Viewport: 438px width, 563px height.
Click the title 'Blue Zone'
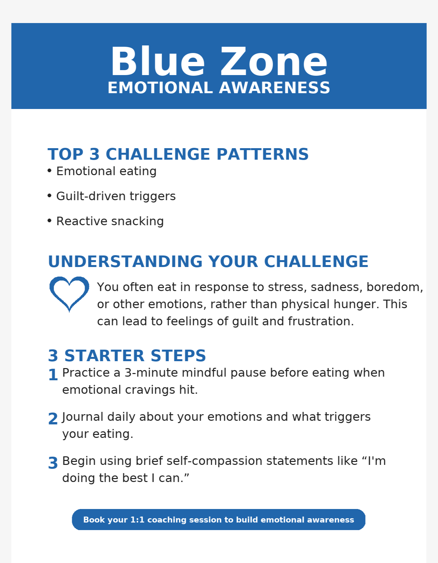tap(219, 62)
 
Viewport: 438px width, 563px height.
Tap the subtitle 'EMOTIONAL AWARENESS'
tap(219, 88)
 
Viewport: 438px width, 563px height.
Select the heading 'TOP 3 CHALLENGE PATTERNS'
tap(178, 154)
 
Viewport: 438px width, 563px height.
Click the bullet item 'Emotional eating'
tap(106, 171)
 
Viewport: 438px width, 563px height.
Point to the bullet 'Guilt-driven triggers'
tap(116, 196)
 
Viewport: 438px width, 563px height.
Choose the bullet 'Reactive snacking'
tap(110, 221)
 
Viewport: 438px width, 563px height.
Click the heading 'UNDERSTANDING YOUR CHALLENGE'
tap(208, 261)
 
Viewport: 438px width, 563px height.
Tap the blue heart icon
tap(69, 293)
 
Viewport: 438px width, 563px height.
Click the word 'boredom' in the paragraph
tap(393, 287)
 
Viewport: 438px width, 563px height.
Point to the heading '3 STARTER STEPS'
tap(127, 356)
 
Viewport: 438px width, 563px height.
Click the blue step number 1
tap(53, 375)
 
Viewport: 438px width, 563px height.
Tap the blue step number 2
tap(53, 419)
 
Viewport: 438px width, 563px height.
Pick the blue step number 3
tap(53, 463)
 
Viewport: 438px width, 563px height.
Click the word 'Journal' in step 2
tap(83, 417)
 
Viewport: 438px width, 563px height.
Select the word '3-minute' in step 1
tap(151, 373)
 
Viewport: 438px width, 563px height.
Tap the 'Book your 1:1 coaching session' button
tap(219, 520)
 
